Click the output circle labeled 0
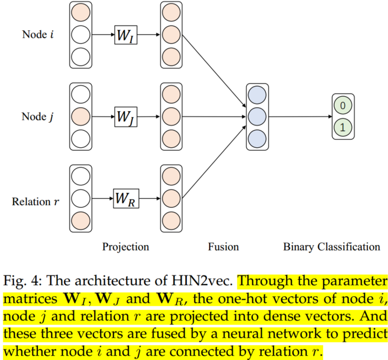pos(343,106)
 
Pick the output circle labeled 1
pos(343,128)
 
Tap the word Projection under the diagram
pos(126,247)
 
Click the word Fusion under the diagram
pos(223,247)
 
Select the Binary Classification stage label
pos(332,247)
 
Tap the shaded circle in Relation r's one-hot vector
pos(80,219)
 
